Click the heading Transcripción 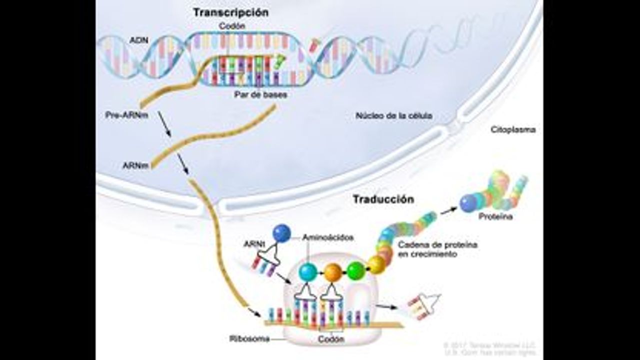[231, 12]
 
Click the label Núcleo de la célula [393, 116]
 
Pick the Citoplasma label [512, 129]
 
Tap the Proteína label [495, 217]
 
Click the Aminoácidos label [327, 238]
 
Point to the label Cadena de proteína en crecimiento [437, 249]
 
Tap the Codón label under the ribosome [330, 339]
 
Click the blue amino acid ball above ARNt [282, 233]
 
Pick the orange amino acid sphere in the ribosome [332, 272]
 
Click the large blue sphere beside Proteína [468, 203]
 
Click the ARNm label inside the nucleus [135, 165]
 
